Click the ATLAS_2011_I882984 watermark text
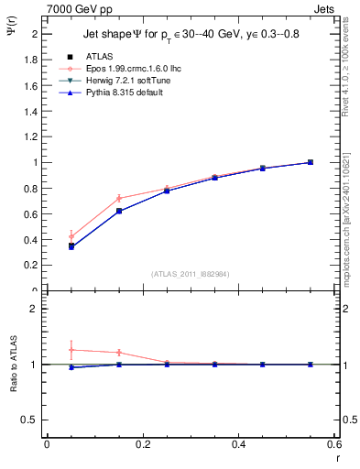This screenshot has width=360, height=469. (190, 273)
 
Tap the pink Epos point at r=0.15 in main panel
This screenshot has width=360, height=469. (119, 198)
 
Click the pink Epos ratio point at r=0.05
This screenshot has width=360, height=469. (71, 350)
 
